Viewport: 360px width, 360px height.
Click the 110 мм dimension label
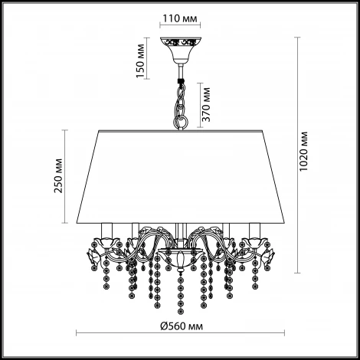pyautogui.click(x=180, y=18)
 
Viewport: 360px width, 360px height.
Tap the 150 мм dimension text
pyautogui.click(x=140, y=61)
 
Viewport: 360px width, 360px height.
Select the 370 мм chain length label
pyautogui.click(x=206, y=104)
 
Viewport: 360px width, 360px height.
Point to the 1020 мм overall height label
pyautogui.click(x=303, y=152)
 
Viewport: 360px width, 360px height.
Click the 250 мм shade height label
pyautogui.click(x=58, y=176)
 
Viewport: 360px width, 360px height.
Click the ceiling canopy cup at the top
pyautogui.click(x=181, y=51)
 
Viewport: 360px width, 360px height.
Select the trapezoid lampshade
pyautogui.click(x=181, y=177)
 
